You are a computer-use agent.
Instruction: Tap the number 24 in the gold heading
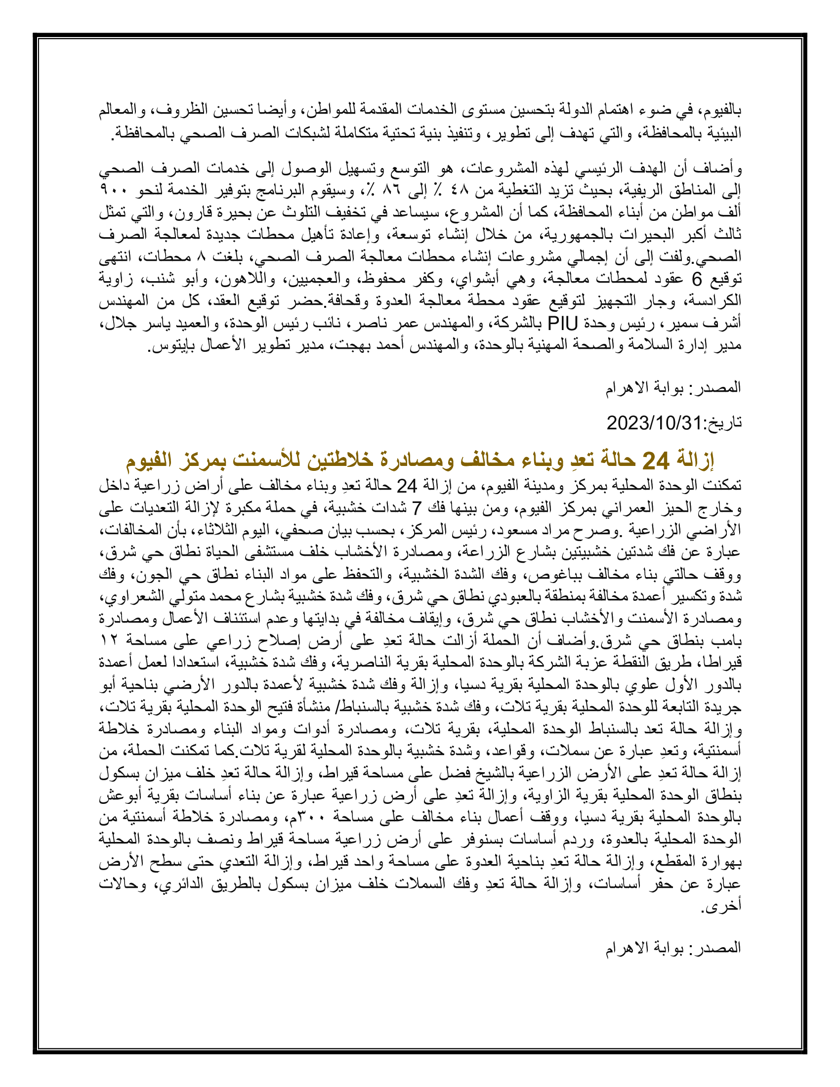click(656, 460)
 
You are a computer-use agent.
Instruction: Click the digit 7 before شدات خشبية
click(418, 507)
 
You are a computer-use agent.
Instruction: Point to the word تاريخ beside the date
click(725, 423)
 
